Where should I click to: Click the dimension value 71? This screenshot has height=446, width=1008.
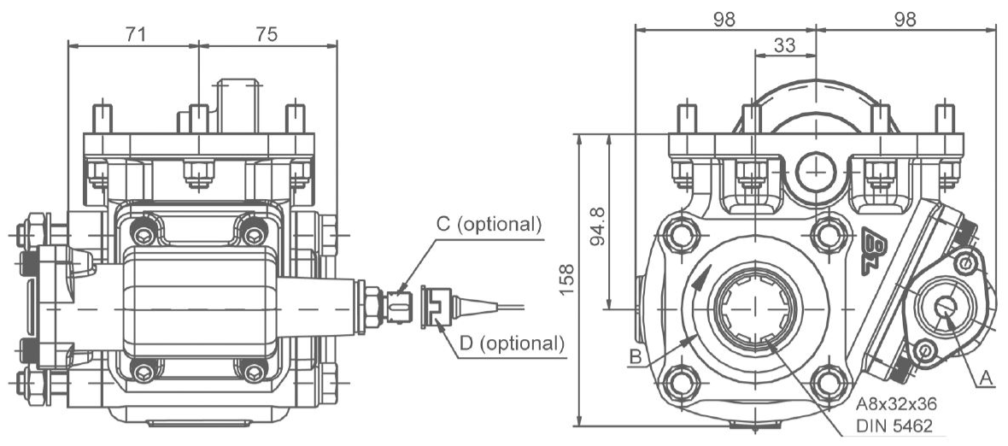(x=134, y=34)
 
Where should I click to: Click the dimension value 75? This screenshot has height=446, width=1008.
(x=267, y=34)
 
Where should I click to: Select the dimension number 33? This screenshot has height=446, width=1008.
(x=785, y=45)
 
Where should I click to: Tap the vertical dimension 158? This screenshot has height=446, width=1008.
(x=566, y=279)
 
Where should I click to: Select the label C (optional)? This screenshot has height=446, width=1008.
(x=489, y=225)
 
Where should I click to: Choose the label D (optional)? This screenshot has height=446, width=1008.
(x=512, y=343)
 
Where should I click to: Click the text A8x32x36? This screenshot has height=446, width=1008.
(x=897, y=404)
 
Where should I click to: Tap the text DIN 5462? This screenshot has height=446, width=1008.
(x=894, y=425)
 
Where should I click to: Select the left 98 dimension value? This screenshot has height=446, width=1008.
(x=724, y=20)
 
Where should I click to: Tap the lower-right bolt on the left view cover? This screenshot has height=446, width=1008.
(x=254, y=370)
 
